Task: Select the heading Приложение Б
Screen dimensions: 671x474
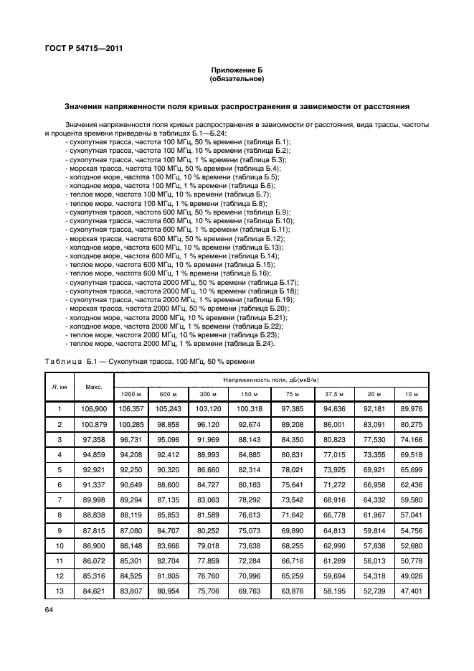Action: tap(237, 70)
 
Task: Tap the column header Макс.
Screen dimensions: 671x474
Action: tap(94, 387)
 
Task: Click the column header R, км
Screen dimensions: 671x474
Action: tap(60, 387)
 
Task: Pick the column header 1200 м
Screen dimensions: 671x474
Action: tap(131, 395)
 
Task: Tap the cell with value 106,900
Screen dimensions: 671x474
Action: tap(94, 409)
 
